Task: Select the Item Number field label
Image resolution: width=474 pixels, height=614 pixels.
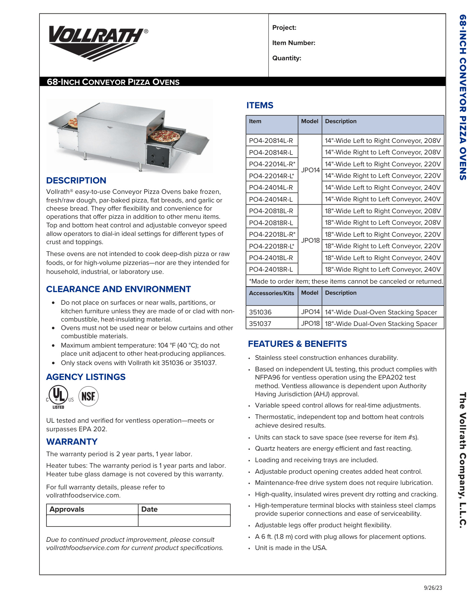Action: (293, 43)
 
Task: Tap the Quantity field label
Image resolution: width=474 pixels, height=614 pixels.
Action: (286, 58)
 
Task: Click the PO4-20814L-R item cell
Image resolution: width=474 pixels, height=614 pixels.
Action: (271, 141)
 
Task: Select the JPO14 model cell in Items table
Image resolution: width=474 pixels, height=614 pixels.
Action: (310, 170)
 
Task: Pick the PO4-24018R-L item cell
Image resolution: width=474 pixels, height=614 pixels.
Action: (271, 269)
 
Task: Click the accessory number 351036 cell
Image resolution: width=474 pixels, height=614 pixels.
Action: (260, 312)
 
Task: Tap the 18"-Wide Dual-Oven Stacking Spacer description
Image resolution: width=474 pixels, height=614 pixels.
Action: (381, 324)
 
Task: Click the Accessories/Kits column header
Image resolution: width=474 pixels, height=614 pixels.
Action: (271, 293)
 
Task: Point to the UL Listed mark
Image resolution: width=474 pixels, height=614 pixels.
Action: (59, 397)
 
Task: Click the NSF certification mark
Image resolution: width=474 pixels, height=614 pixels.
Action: (88, 396)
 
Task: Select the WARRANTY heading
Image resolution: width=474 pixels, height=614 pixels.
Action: (72, 442)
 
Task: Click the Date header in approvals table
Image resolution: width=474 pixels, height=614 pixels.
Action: (149, 509)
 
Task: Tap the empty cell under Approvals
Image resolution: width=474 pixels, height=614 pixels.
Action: (92, 521)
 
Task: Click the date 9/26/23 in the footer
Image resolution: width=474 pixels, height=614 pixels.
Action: (433, 588)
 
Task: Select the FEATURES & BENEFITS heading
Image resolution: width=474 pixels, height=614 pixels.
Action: (297, 344)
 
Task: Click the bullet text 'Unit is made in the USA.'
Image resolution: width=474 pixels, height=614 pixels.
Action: (291, 548)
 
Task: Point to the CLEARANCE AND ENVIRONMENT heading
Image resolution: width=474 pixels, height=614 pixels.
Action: (118, 289)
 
